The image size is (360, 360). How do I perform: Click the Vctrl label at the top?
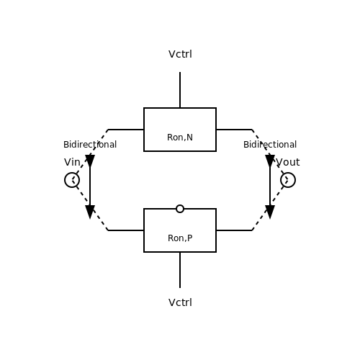(x=180, y=54)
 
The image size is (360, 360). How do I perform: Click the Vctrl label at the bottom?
(x=180, y=302)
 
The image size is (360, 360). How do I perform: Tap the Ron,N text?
(x=180, y=138)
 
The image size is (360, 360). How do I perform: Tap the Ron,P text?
(x=180, y=238)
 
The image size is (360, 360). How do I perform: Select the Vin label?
(x=72, y=162)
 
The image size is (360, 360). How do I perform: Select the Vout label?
(x=288, y=162)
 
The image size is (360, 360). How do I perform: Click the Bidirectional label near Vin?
(x=90, y=145)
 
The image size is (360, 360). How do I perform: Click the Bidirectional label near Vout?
(x=270, y=145)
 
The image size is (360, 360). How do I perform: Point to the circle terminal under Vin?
(x=72, y=173)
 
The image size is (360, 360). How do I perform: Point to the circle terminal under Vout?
(x=288, y=173)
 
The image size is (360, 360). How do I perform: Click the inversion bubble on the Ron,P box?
(x=180, y=204)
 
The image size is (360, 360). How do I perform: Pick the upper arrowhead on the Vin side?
(x=90, y=161)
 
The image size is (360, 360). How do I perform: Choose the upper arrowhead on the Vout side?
(x=270, y=161)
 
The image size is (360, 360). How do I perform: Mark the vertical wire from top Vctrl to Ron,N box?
(x=180, y=90)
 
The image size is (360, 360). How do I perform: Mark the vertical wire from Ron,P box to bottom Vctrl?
(x=180, y=270)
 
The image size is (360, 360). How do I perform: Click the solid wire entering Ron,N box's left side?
(x=126, y=130)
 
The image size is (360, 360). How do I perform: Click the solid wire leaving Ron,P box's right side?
(x=234, y=230)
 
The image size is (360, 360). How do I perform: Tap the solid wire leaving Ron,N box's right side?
(x=234, y=130)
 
